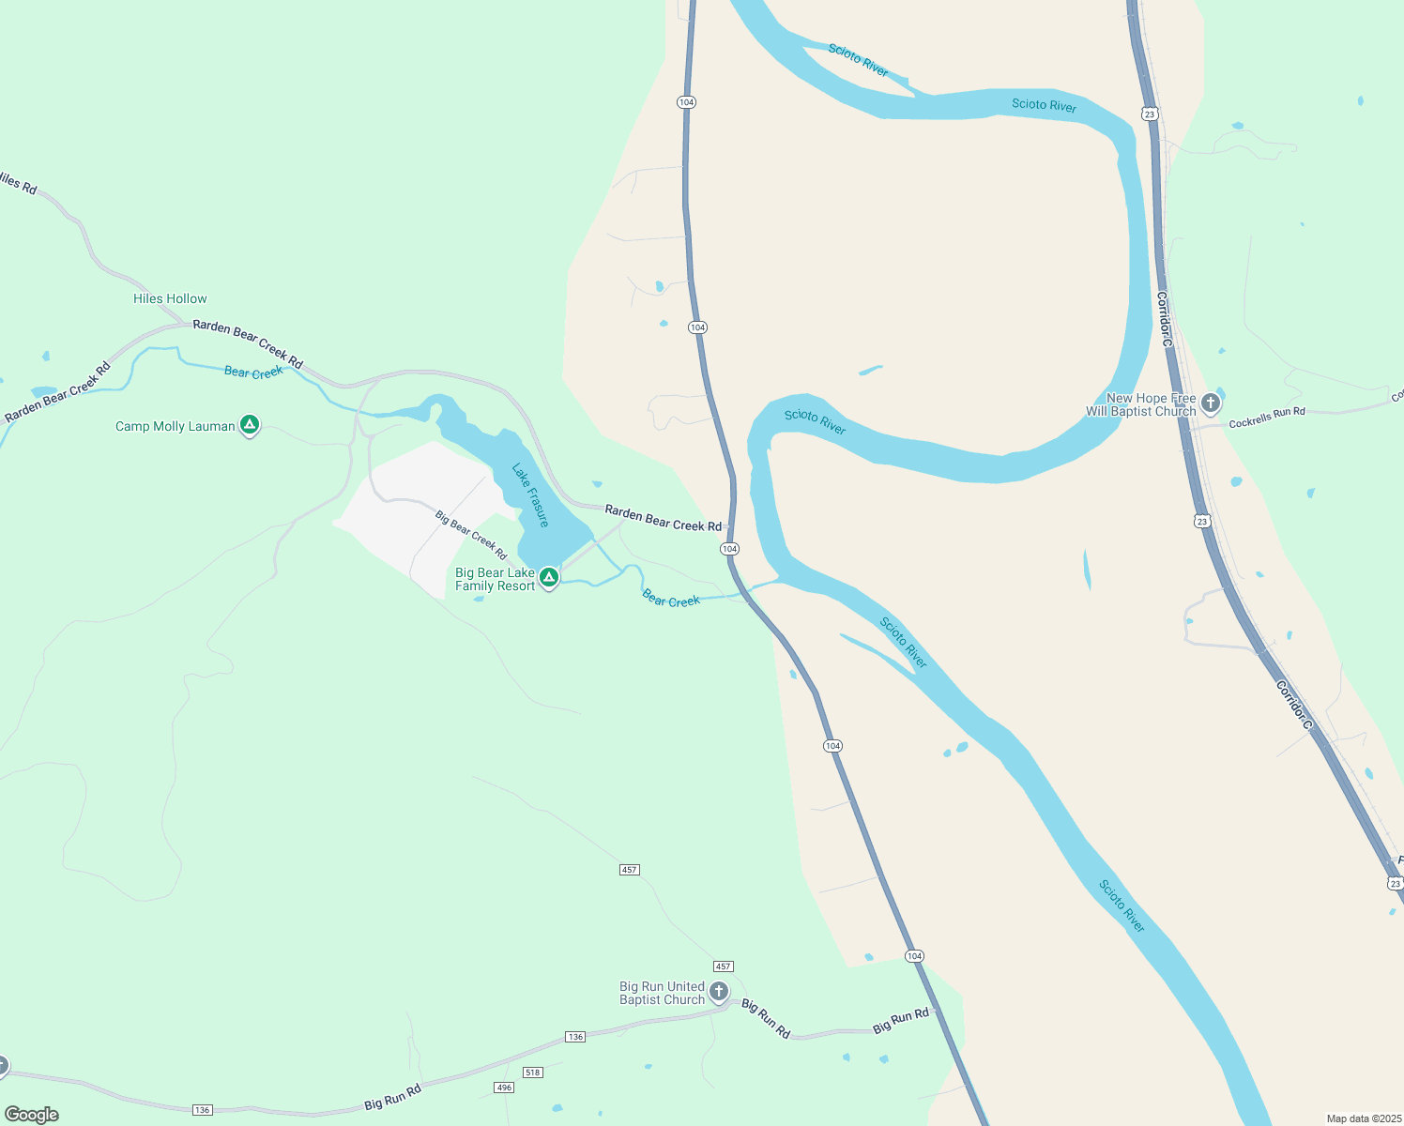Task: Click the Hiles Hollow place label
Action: pos(170,298)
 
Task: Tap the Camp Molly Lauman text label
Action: pos(175,426)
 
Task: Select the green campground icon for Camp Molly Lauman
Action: pos(250,425)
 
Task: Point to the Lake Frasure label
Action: pos(530,495)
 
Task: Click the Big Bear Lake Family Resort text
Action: pos(495,579)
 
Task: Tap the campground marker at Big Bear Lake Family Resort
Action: pos(549,577)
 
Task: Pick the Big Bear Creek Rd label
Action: pos(471,535)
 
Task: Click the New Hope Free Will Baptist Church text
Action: pos(1141,404)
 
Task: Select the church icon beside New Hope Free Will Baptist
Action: pos(1211,403)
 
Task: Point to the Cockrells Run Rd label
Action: pos(1266,418)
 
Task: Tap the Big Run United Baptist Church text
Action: pos(662,993)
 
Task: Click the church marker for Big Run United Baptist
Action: pos(719,991)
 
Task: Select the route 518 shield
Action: pos(533,1072)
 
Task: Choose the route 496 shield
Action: pos(504,1088)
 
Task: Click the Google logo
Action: pos(32,1115)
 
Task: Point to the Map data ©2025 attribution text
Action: pos(1363,1118)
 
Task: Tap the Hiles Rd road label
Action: pos(18,182)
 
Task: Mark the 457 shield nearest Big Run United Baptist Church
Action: pos(723,966)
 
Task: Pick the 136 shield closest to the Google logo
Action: pos(202,1110)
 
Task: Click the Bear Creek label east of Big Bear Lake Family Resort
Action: pos(671,600)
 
